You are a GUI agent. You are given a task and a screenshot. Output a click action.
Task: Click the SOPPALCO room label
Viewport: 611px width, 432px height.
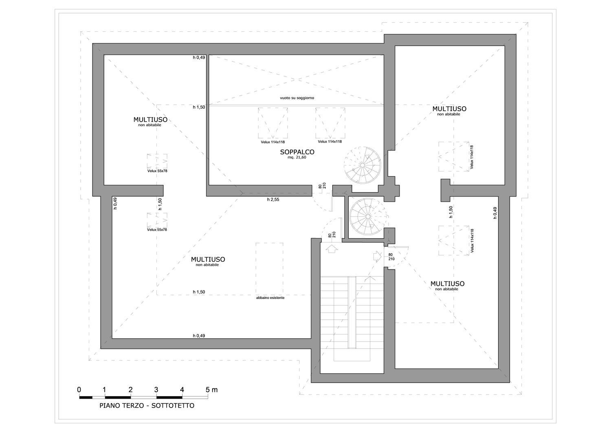coord(297,152)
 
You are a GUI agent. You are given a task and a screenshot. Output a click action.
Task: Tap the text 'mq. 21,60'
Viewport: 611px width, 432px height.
coord(297,157)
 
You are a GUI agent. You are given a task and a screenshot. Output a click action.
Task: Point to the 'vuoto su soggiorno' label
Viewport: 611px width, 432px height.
coord(297,98)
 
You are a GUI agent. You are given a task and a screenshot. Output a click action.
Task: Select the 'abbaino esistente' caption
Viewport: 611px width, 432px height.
coord(270,298)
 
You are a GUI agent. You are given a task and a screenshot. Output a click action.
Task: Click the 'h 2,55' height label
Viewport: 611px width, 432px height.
coord(273,200)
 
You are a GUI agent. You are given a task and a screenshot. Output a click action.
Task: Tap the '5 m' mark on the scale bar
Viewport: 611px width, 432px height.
coord(212,390)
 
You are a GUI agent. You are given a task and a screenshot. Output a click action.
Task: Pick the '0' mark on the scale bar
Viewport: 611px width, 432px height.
coord(79,390)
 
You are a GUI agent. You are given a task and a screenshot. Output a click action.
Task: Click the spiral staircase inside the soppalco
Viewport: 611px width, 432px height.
coord(362,165)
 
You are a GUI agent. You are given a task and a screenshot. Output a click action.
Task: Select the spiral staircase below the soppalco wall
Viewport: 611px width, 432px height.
coord(368,216)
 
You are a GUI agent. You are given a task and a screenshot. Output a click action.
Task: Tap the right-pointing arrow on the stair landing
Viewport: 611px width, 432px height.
coord(377,257)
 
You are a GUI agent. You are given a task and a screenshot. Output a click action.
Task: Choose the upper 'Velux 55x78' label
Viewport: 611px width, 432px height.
coord(157,171)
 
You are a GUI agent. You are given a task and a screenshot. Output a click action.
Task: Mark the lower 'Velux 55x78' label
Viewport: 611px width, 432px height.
coord(157,230)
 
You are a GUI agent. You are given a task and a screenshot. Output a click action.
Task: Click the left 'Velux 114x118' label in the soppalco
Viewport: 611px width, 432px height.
coord(273,142)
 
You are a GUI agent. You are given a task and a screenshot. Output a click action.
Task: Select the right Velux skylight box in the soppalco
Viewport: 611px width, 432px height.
coord(330,123)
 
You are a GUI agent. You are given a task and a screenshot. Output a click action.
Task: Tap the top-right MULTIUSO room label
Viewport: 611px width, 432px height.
coord(449,109)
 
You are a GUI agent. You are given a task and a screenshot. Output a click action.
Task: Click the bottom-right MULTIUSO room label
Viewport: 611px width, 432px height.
coord(447,284)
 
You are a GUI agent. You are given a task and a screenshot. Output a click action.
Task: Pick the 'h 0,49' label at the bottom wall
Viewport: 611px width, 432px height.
coord(199,336)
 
